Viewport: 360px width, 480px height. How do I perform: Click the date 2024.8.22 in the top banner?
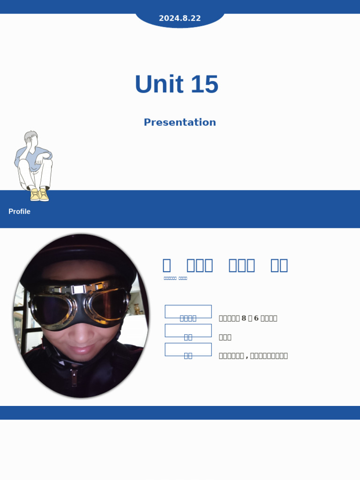click(180, 18)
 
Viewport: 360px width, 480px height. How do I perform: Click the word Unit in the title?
click(158, 84)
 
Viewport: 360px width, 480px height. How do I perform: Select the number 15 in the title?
click(204, 84)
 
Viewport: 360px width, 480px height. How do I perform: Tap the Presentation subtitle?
click(180, 122)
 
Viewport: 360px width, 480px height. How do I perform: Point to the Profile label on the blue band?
click(19, 211)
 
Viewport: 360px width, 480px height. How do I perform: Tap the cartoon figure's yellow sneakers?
click(39, 194)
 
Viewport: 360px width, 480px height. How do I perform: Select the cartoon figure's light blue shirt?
click(23, 157)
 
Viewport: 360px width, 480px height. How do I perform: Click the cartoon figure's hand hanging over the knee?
click(39, 162)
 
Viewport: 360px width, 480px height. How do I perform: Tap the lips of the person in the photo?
click(81, 350)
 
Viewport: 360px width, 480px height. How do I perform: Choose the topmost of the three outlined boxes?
click(188, 311)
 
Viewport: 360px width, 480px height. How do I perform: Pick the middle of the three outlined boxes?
click(188, 330)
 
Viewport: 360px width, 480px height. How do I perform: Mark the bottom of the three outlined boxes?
click(188, 349)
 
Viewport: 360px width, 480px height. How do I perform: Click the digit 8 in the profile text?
click(244, 318)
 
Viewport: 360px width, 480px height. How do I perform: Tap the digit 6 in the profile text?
click(256, 318)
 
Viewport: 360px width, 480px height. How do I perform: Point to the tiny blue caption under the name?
click(175, 278)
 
